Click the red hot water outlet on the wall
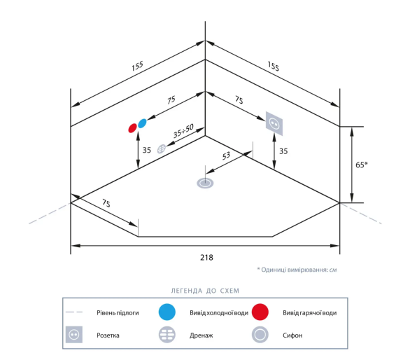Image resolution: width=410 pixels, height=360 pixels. (x=132, y=128)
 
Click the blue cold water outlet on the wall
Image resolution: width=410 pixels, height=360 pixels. (x=142, y=123)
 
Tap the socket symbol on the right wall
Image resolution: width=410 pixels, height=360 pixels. (x=274, y=123)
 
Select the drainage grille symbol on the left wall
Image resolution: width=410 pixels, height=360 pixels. (x=162, y=149)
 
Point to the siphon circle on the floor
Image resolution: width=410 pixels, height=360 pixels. (x=205, y=184)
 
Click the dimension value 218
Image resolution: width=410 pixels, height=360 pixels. (x=206, y=258)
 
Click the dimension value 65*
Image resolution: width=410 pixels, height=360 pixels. (x=361, y=165)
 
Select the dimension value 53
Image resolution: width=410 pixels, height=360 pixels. (x=226, y=155)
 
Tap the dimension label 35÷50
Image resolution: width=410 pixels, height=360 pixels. (x=183, y=131)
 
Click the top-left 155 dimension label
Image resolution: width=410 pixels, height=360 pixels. (x=137, y=66)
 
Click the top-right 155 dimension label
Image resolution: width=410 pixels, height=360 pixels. (x=274, y=66)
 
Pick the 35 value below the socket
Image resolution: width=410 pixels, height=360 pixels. (x=283, y=151)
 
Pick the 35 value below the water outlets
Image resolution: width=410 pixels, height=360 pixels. (x=147, y=150)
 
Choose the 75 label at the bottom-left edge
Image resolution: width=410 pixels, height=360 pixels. (x=106, y=203)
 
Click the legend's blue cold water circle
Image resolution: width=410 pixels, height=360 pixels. (x=167, y=312)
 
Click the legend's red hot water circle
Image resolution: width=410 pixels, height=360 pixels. (x=260, y=312)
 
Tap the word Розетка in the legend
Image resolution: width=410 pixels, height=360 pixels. (x=108, y=335)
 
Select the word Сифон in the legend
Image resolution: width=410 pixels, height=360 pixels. (x=292, y=335)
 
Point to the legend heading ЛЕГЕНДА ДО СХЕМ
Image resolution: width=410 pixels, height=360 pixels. (x=205, y=291)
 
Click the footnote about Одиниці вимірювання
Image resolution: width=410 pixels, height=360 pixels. (x=297, y=270)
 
